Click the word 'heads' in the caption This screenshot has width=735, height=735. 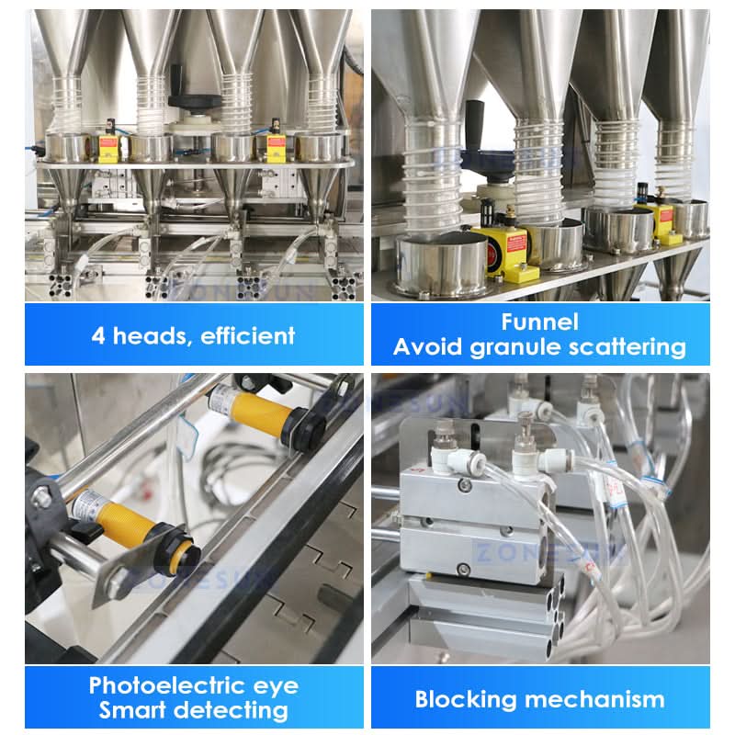pos(151,336)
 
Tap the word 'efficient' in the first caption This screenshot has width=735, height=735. pos(248,335)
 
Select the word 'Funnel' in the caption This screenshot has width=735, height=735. pos(539,322)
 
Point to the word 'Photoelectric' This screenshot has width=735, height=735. pos(167,685)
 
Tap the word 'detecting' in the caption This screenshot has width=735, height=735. pos(233,711)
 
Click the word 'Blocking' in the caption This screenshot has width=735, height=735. pos(466,700)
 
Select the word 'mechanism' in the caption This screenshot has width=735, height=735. pos(594,699)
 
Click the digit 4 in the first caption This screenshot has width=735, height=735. pos(98,336)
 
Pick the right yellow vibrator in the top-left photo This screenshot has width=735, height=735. pos(277,142)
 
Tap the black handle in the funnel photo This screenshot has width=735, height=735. pos(475,125)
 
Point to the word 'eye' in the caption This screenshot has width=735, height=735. pos(276,687)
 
